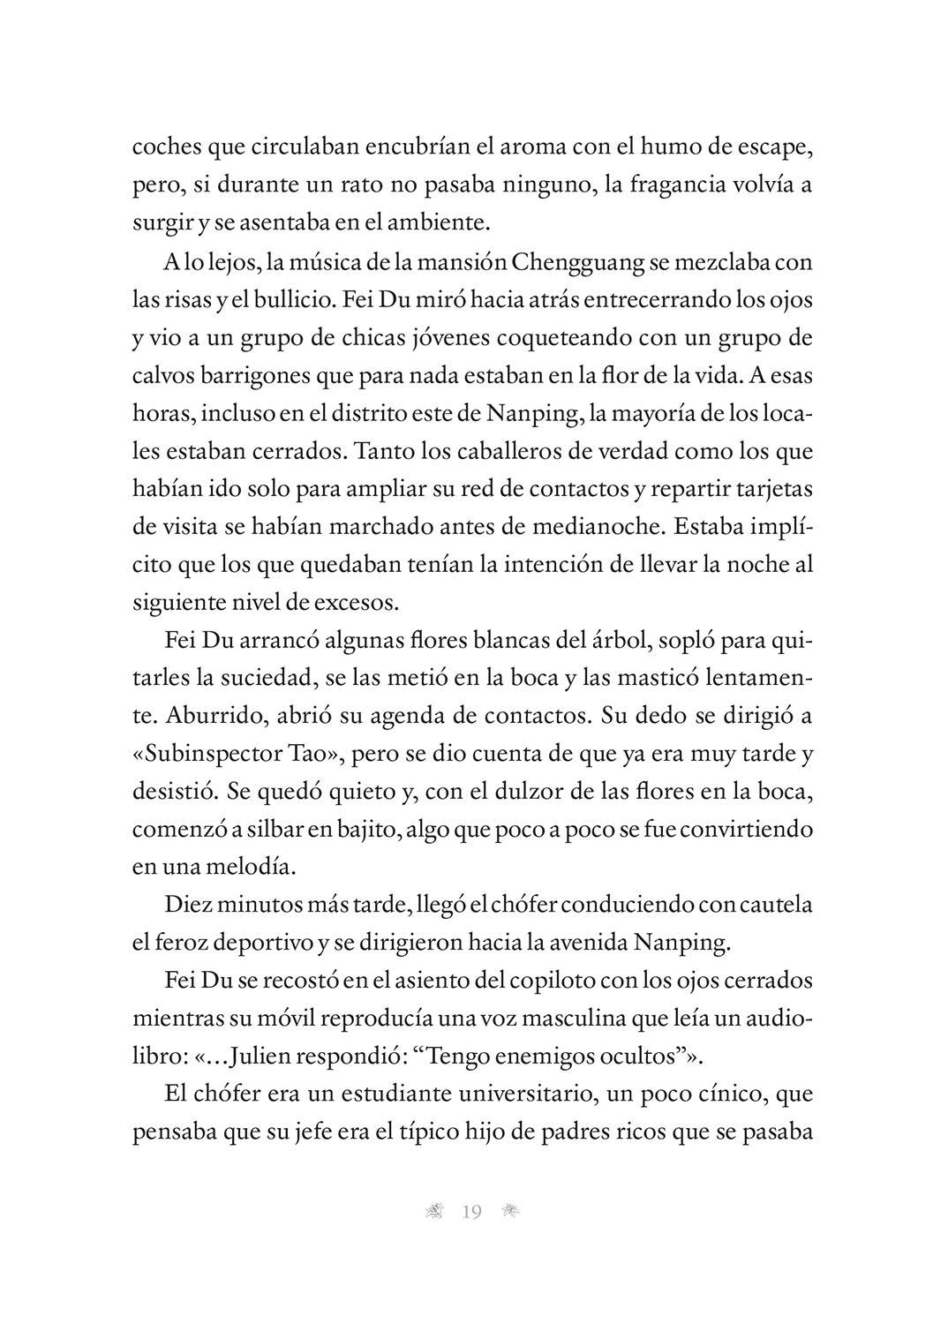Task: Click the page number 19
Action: tap(471, 1212)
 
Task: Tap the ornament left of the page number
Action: tap(433, 1212)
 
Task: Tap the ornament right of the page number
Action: tap(510, 1212)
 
